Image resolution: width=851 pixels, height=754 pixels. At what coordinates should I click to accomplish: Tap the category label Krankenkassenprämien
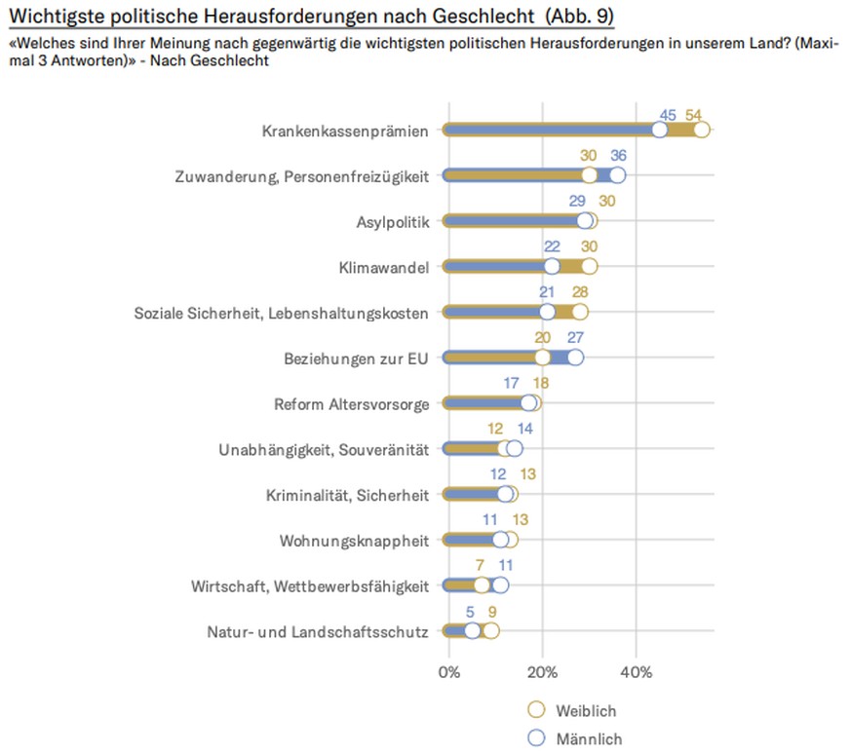(346, 131)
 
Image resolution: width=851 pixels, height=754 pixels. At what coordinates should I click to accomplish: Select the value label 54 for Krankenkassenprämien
(694, 113)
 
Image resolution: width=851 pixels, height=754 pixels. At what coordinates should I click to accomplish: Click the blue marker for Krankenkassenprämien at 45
(660, 131)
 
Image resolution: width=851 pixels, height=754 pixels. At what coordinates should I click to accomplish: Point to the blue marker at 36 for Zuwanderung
(617, 175)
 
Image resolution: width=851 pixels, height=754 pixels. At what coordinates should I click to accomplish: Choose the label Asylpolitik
(393, 221)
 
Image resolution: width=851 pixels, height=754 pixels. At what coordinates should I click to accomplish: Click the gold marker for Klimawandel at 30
(589, 266)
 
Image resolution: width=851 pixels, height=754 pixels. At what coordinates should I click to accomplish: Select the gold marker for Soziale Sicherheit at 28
(580, 312)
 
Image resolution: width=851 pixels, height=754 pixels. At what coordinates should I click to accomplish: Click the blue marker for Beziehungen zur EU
(575, 358)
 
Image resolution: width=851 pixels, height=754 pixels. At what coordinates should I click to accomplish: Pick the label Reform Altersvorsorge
(352, 403)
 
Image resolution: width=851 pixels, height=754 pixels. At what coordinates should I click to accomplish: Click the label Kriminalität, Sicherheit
(347, 495)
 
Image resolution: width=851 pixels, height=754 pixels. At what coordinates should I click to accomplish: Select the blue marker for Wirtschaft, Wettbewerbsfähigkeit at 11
(500, 585)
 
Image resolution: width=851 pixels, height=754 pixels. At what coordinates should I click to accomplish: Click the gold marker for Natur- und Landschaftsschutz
(490, 630)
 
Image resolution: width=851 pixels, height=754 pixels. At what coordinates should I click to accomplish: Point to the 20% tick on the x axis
(542, 672)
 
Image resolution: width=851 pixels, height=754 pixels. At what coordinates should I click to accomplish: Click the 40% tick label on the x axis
(636, 672)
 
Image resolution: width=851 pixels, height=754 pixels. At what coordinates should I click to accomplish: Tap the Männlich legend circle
(535, 738)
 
